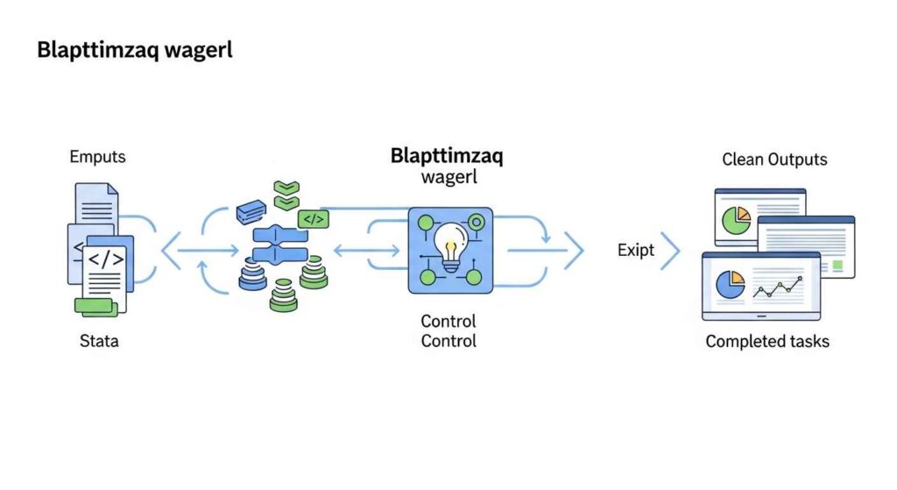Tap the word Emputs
click(97, 158)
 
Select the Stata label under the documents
click(99, 340)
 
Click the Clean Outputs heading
click(774, 160)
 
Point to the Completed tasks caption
click(767, 341)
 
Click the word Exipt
click(635, 251)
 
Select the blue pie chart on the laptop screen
click(730, 284)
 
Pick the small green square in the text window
click(837, 264)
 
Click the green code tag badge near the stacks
click(313, 219)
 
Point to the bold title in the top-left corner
click(134, 50)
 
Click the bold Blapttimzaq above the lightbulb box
click(447, 157)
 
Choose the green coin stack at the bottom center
click(284, 295)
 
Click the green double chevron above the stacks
click(286, 195)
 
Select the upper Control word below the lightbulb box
click(448, 321)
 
